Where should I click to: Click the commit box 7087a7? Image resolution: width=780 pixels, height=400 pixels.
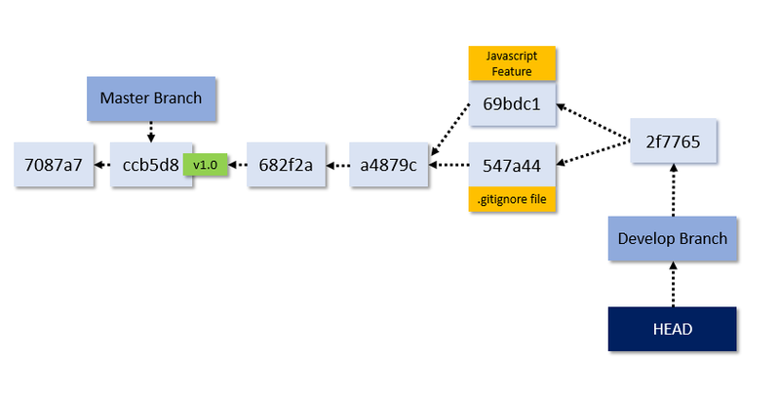[x=54, y=165]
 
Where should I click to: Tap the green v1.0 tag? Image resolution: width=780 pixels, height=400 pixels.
[x=206, y=165]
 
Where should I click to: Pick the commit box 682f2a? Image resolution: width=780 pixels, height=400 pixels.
[x=286, y=165]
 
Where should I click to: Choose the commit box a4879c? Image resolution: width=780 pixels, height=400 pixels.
[x=388, y=165]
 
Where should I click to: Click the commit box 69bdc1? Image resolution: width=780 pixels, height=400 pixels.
[x=512, y=104]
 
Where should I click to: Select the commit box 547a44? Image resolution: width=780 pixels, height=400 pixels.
[x=512, y=165]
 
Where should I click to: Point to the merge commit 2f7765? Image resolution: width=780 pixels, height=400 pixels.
[x=673, y=141]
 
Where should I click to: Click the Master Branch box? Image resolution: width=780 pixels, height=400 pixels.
[x=151, y=99]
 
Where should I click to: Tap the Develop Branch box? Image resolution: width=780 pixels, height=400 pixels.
[x=673, y=238]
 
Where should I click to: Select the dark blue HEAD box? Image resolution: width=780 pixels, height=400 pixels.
[x=673, y=329]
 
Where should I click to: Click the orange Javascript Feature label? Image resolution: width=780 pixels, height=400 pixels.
[x=512, y=63]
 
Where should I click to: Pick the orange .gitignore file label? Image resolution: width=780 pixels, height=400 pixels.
[x=512, y=199]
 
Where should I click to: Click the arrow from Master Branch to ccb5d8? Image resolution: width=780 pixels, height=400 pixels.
[x=151, y=132]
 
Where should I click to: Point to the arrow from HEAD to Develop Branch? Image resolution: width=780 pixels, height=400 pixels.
[x=673, y=284]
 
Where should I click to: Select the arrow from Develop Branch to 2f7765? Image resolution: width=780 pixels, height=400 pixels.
[x=673, y=190]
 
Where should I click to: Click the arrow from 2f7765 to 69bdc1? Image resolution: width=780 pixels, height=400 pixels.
[x=593, y=123]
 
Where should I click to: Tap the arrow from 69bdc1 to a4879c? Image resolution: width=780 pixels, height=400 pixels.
[x=449, y=130]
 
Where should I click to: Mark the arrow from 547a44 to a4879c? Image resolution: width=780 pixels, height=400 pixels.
[x=448, y=165]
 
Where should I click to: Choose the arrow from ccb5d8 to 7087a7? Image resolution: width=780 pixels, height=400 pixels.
[x=102, y=165]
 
